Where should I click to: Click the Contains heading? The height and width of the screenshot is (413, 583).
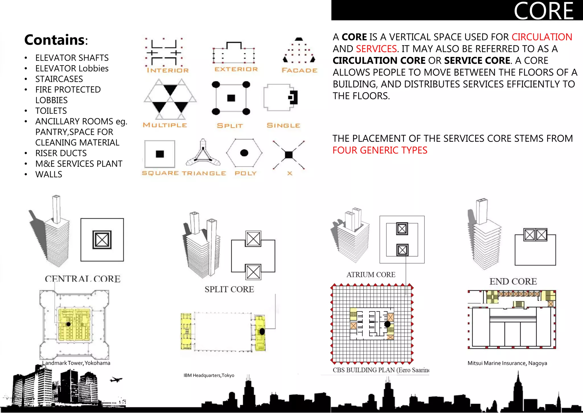pyautogui.click(x=56, y=40)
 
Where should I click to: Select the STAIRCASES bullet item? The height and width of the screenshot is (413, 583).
pyautogui.click(x=59, y=79)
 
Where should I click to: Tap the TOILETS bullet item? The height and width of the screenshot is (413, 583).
pyautogui.click(x=51, y=111)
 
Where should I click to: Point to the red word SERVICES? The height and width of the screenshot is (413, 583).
pyautogui.click(x=376, y=49)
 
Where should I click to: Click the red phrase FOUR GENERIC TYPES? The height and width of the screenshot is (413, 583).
pyautogui.click(x=380, y=150)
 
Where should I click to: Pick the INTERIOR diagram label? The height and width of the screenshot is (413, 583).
pyautogui.click(x=168, y=70)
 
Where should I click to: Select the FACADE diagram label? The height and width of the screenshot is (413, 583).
pyautogui.click(x=299, y=70)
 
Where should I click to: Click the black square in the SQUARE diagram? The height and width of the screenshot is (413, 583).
pyautogui.click(x=160, y=154)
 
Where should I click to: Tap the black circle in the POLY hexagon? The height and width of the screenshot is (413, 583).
pyautogui.click(x=244, y=153)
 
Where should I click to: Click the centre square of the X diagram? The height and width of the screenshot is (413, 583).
pyautogui.click(x=289, y=155)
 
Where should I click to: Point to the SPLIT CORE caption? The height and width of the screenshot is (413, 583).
pyautogui.click(x=229, y=289)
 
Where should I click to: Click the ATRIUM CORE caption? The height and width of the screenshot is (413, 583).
pyautogui.click(x=371, y=274)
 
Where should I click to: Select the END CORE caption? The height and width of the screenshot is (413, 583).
pyautogui.click(x=513, y=281)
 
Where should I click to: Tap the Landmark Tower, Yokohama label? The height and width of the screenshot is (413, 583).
pyautogui.click(x=76, y=363)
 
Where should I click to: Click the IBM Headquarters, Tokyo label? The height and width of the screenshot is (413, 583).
pyautogui.click(x=209, y=375)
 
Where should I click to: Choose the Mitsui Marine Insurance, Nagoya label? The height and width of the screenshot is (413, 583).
pyautogui.click(x=507, y=363)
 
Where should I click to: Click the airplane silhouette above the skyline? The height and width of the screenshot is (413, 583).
pyautogui.click(x=116, y=379)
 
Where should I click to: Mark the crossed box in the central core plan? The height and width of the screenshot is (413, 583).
pyautogui.click(x=102, y=240)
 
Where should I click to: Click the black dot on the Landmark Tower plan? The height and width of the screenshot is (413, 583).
pyautogui.click(x=69, y=324)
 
